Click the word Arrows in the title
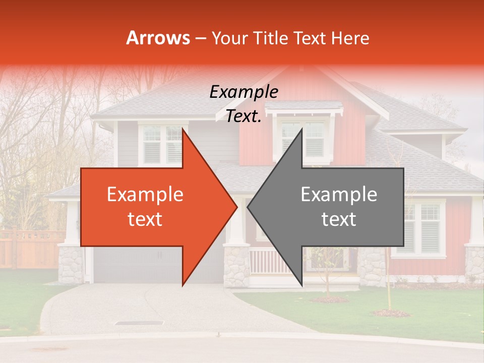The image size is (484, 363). [158, 38]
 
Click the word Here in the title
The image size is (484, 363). [351, 38]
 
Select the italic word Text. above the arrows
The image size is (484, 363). [244, 116]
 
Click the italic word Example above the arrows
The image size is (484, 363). [244, 92]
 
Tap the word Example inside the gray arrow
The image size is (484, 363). [339, 194]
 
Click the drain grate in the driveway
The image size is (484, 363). [139, 323]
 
